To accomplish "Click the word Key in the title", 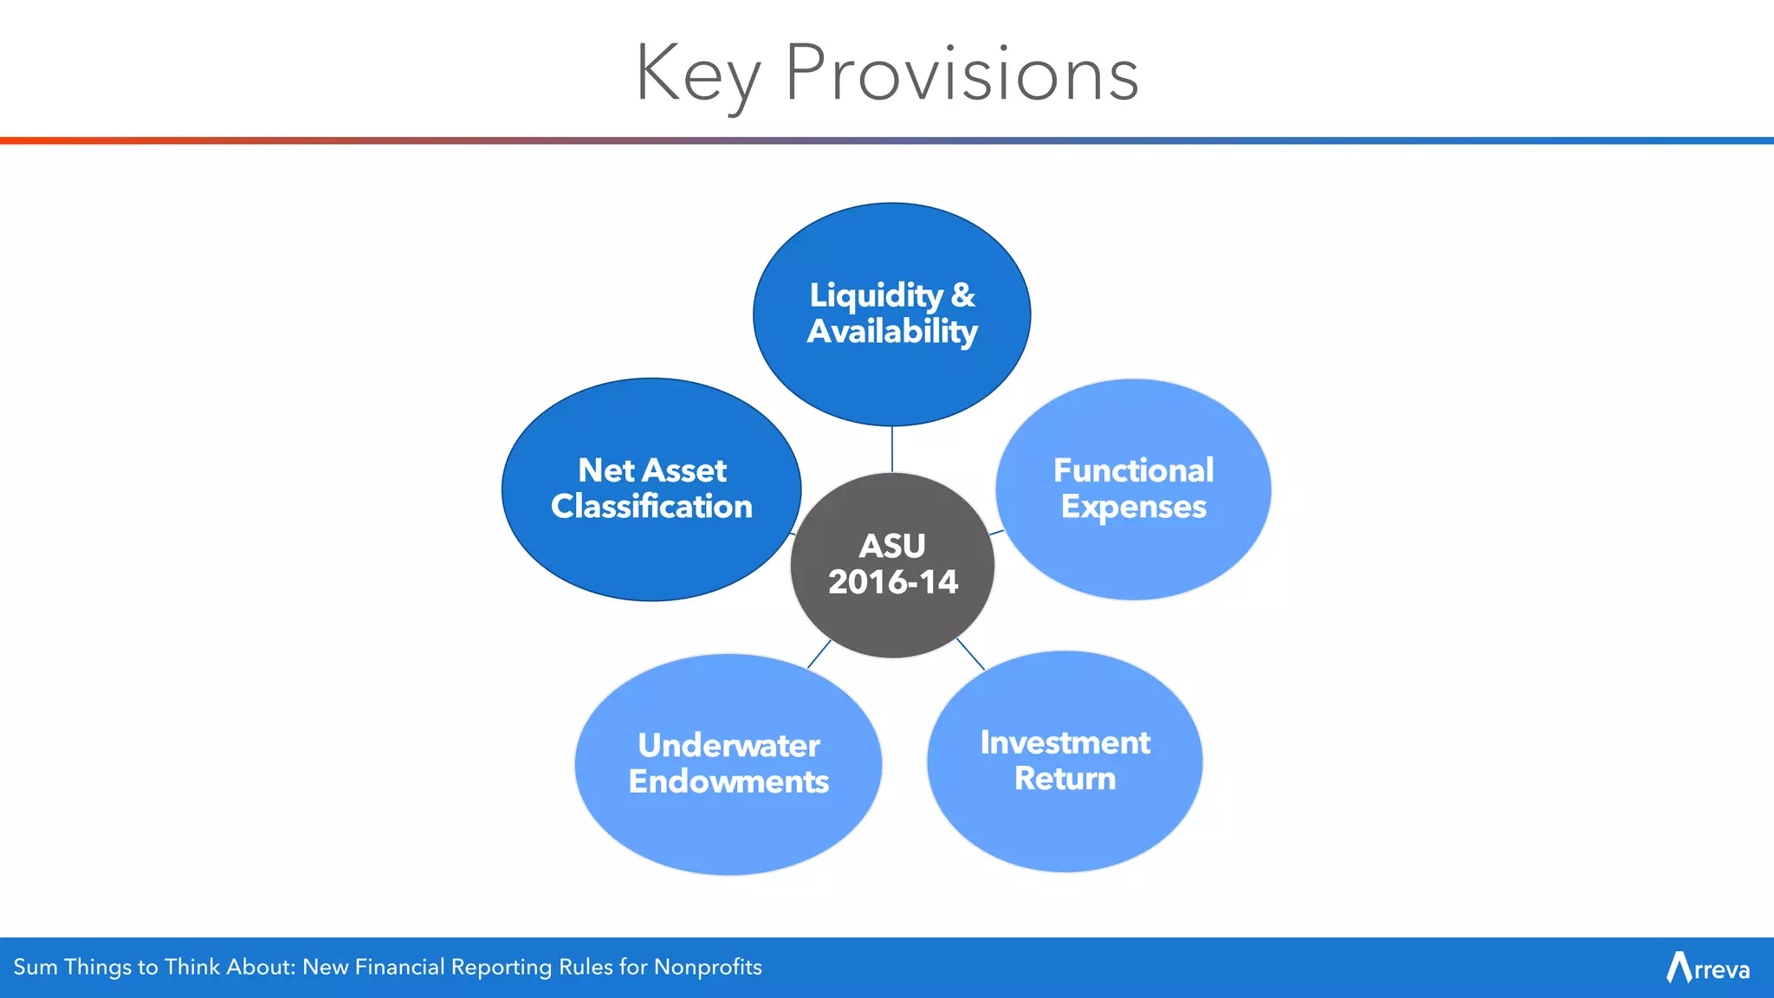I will (x=698, y=76).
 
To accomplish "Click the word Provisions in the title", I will (x=961, y=75).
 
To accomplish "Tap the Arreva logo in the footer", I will (x=1707, y=968).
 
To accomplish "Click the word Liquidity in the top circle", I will (x=876, y=296).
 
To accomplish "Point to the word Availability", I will (x=892, y=332).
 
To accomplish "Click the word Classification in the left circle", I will (x=651, y=507).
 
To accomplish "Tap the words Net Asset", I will (x=651, y=470).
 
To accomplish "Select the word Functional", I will (x=1133, y=470).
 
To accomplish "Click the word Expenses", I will (x=1133, y=507).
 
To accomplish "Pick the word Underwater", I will (x=728, y=746).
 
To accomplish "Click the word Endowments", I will (x=728, y=781).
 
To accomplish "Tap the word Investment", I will (x=1065, y=742).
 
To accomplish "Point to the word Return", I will (x=1065, y=779).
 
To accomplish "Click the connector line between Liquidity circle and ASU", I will (x=892, y=449).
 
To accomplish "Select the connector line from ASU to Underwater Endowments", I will (x=819, y=654).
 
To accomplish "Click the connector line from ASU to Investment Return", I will (x=970, y=653).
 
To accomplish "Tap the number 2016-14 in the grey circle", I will (x=892, y=582).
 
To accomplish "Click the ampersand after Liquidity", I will (x=962, y=295).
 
